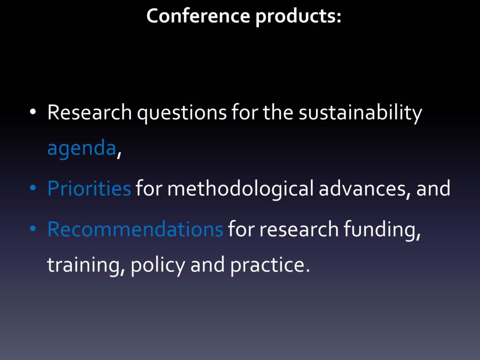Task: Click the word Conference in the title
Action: pyautogui.click(x=198, y=16)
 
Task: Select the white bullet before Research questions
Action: pyautogui.click(x=33, y=112)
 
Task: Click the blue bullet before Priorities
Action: pyautogui.click(x=33, y=187)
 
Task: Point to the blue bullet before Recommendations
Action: pyautogui.click(x=33, y=229)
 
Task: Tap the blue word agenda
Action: pyautogui.click(x=82, y=148)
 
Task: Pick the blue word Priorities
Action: pyautogui.click(x=89, y=187)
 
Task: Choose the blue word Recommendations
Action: pyautogui.click(x=135, y=229)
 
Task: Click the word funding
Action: pyautogui.click(x=382, y=230)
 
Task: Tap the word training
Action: pyautogui.click(x=86, y=265)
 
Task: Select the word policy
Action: pyautogui.click(x=158, y=265)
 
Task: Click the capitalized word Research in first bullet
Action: pyautogui.click(x=90, y=112)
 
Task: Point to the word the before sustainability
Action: pyautogui.click(x=278, y=112)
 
